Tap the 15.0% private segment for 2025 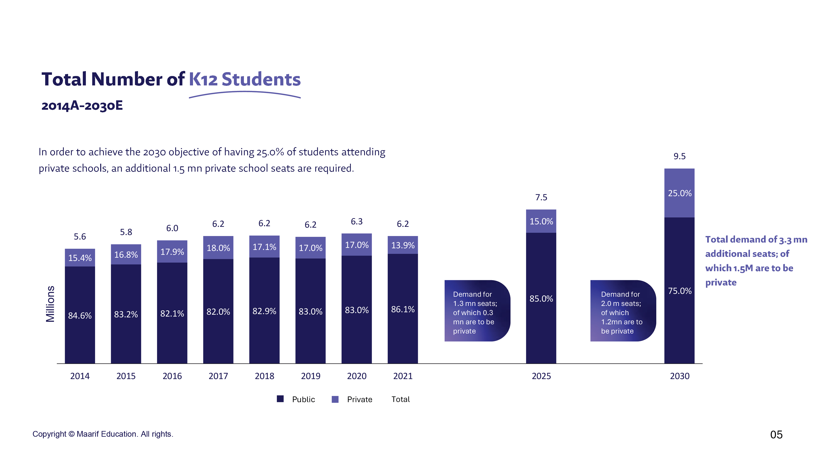(541, 221)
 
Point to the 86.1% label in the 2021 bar (403, 309)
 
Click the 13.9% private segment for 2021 (403, 245)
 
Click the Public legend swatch (280, 399)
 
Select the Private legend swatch (335, 399)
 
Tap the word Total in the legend (401, 399)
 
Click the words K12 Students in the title (245, 79)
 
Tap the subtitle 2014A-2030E (82, 105)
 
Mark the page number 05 (776, 435)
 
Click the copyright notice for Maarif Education (103, 434)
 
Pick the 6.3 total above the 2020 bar (357, 221)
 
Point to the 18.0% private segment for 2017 (218, 248)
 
